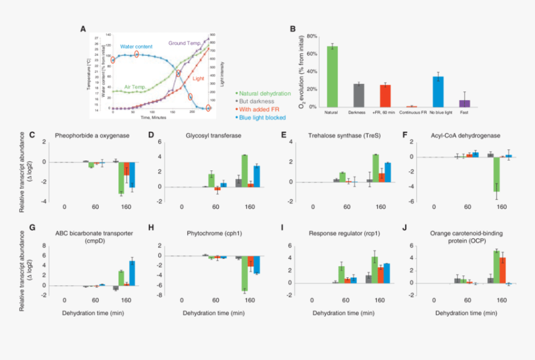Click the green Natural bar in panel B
point(332,76)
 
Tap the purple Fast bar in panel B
point(464,103)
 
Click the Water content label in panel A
point(136,47)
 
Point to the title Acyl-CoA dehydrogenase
point(461,135)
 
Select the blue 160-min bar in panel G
point(131,272)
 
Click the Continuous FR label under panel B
point(411,113)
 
